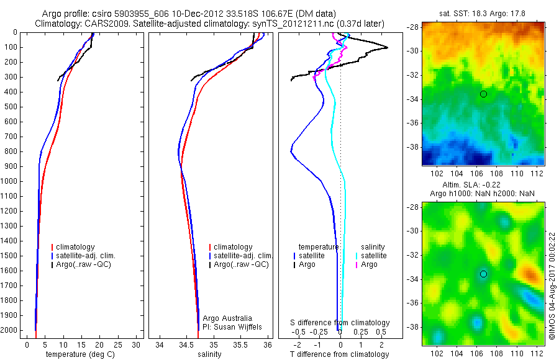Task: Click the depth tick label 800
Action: click(x=10, y=151)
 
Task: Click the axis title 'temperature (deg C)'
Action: click(x=79, y=354)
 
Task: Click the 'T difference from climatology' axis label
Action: click(x=340, y=354)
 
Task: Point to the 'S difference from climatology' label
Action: click(x=340, y=323)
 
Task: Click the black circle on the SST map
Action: click(x=483, y=94)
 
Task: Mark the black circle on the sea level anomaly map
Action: click(x=483, y=274)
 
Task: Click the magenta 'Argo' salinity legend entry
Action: click(x=369, y=264)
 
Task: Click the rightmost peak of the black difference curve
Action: click(x=388, y=48)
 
